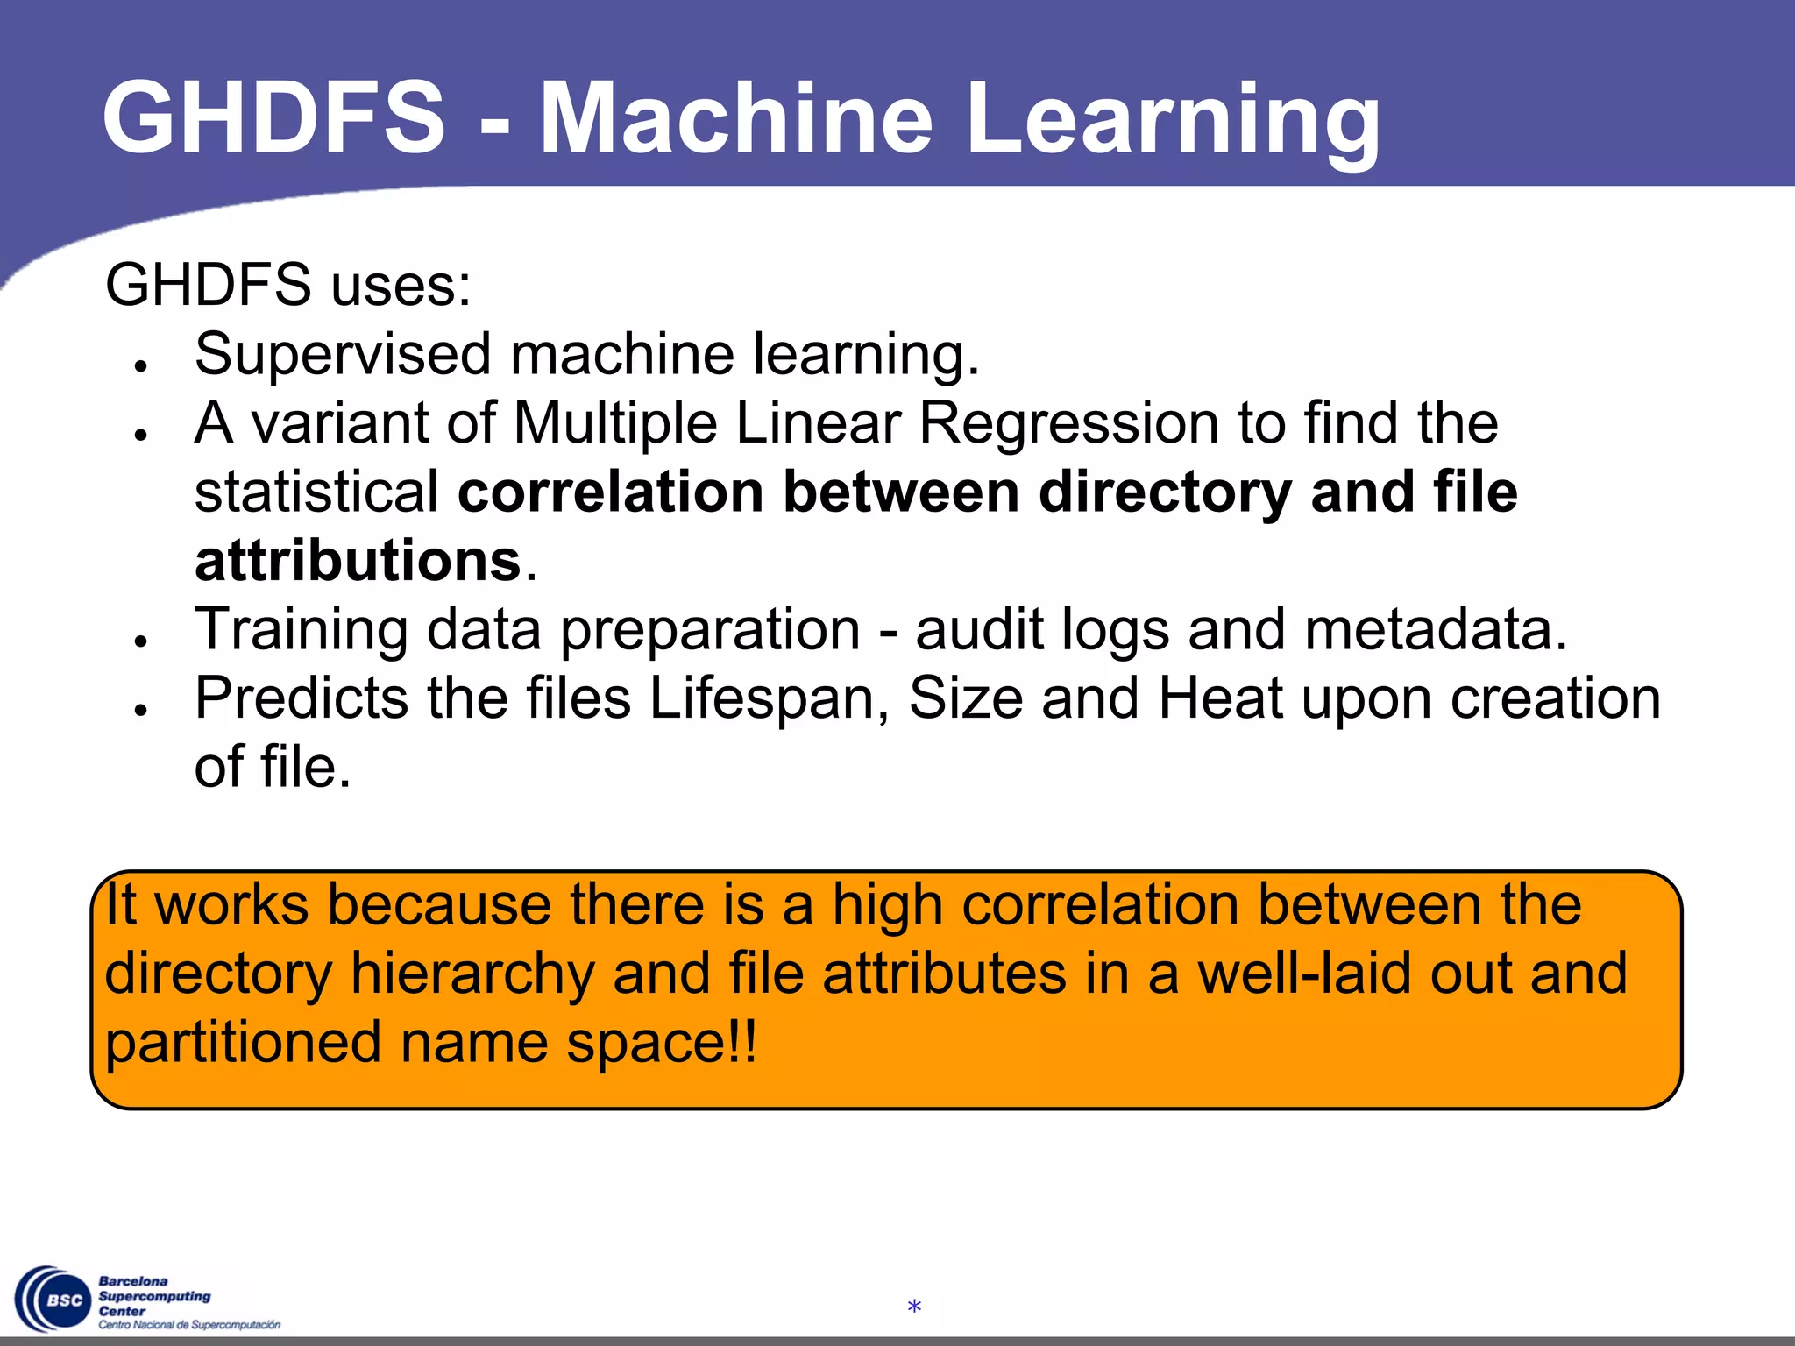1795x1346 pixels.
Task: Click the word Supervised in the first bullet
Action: (x=343, y=355)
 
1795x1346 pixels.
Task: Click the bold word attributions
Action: (x=358, y=561)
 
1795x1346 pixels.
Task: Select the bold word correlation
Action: (x=611, y=492)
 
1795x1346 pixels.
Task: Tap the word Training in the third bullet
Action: (x=302, y=631)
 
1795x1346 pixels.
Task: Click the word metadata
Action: (x=1435, y=629)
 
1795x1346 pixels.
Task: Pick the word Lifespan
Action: (x=769, y=699)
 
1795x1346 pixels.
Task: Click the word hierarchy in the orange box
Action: (x=472, y=974)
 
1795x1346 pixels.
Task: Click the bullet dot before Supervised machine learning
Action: (x=139, y=365)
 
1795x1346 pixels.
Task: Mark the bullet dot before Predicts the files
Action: (x=139, y=710)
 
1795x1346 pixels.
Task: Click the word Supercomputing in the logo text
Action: (x=154, y=1296)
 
